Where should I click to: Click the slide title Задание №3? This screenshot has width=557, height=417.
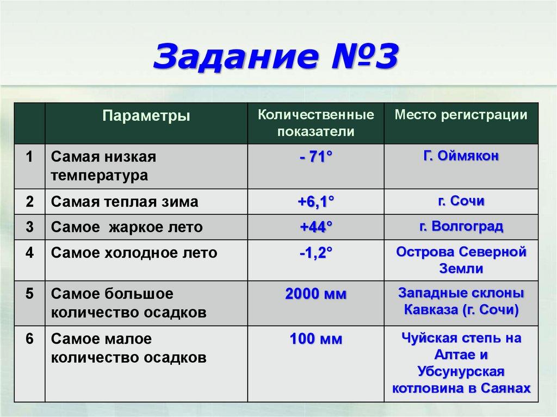point(276,58)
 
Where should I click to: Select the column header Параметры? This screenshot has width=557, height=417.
point(147,116)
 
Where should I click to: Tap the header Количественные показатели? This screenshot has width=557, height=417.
point(315,123)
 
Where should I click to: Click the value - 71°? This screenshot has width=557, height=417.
point(315,157)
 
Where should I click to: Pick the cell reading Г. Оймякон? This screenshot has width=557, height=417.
point(461,157)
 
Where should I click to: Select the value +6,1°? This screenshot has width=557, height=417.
point(315,202)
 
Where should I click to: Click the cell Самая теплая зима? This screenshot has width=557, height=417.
point(125,202)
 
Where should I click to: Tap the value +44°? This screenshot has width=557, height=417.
point(315,227)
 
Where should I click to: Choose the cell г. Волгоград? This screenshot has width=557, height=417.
point(461,227)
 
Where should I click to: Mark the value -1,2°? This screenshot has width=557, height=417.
point(315,253)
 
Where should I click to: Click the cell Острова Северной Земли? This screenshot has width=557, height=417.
point(461,260)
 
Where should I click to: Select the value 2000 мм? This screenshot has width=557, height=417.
point(315,294)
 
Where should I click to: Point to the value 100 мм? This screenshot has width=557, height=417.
point(315,340)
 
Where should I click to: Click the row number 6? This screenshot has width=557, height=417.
point(29,339)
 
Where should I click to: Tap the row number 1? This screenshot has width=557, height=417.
point(29,157)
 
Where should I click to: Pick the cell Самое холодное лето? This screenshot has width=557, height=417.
point(134,253)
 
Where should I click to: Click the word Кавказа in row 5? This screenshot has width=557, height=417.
point(431,310)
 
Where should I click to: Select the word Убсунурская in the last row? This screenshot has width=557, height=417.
point(461,372)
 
